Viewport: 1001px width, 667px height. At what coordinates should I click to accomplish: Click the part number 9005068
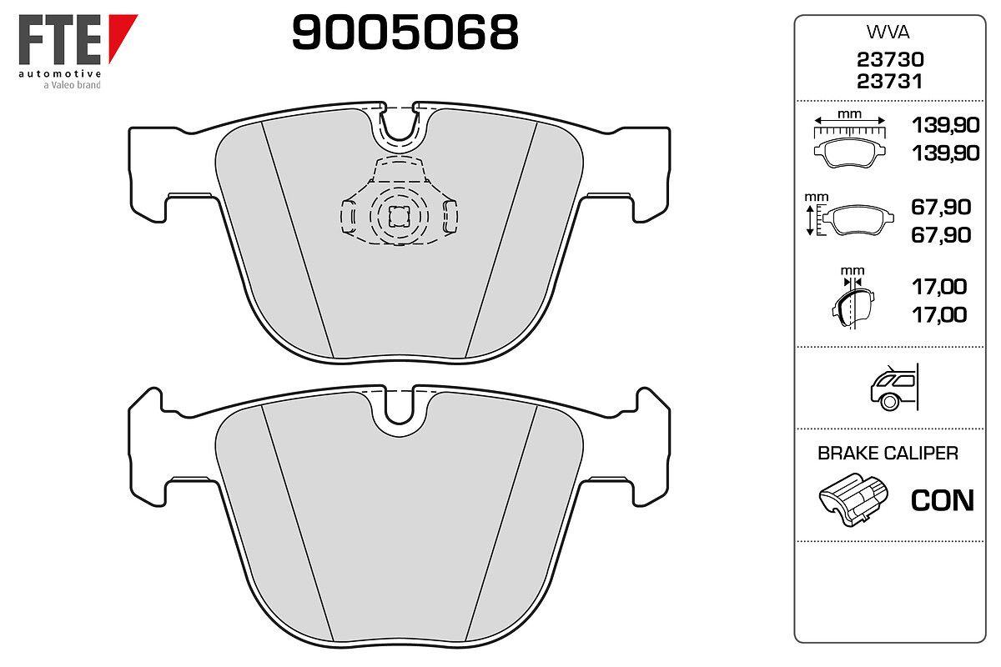[x=405, y=32]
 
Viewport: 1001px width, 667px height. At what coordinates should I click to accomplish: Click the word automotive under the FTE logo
[x=60, y=73]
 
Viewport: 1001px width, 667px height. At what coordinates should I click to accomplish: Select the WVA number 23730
[x=890, y=59]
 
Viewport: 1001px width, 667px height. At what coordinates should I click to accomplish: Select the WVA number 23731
[x=889, y=82]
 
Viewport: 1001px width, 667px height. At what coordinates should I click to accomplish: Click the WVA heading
[x=888, y=33]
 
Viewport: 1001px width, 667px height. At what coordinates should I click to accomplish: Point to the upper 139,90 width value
[x=946, y=125]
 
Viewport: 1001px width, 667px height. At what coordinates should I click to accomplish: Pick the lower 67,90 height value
[x=941, y=235]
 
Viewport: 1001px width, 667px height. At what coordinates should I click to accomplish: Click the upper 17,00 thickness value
[x=939, y=287]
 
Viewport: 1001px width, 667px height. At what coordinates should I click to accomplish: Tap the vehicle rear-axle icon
[x=894, y=387]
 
